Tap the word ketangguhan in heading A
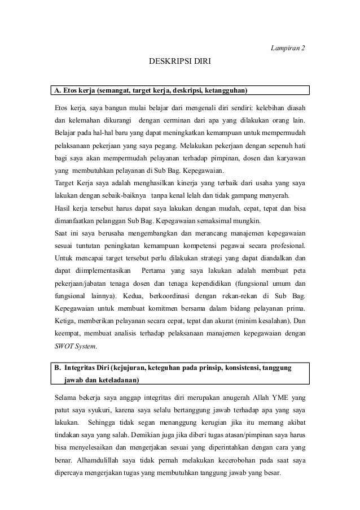(224, 90)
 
